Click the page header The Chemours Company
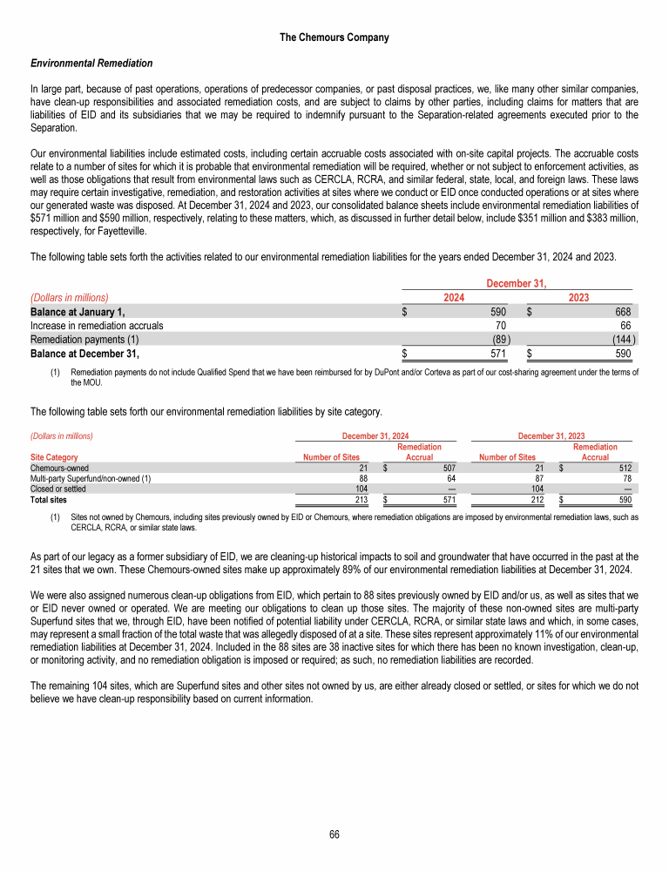pos(334,37)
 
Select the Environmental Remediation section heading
pos(91,64)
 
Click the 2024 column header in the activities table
pos(453,298)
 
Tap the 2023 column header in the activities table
pos(578,298)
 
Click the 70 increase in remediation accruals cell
pos(501,326)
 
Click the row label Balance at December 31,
pos(84,354)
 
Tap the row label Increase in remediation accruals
pos(97,326)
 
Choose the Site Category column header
pos(54,456)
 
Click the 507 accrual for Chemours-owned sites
pos(449,468)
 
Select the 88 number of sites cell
pos(354,478)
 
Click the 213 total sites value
pos(352,500)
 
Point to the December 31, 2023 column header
pos(551,435)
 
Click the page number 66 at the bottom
pos(334,834)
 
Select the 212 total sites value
pos(527,500)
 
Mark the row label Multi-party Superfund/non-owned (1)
pos(91,478)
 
